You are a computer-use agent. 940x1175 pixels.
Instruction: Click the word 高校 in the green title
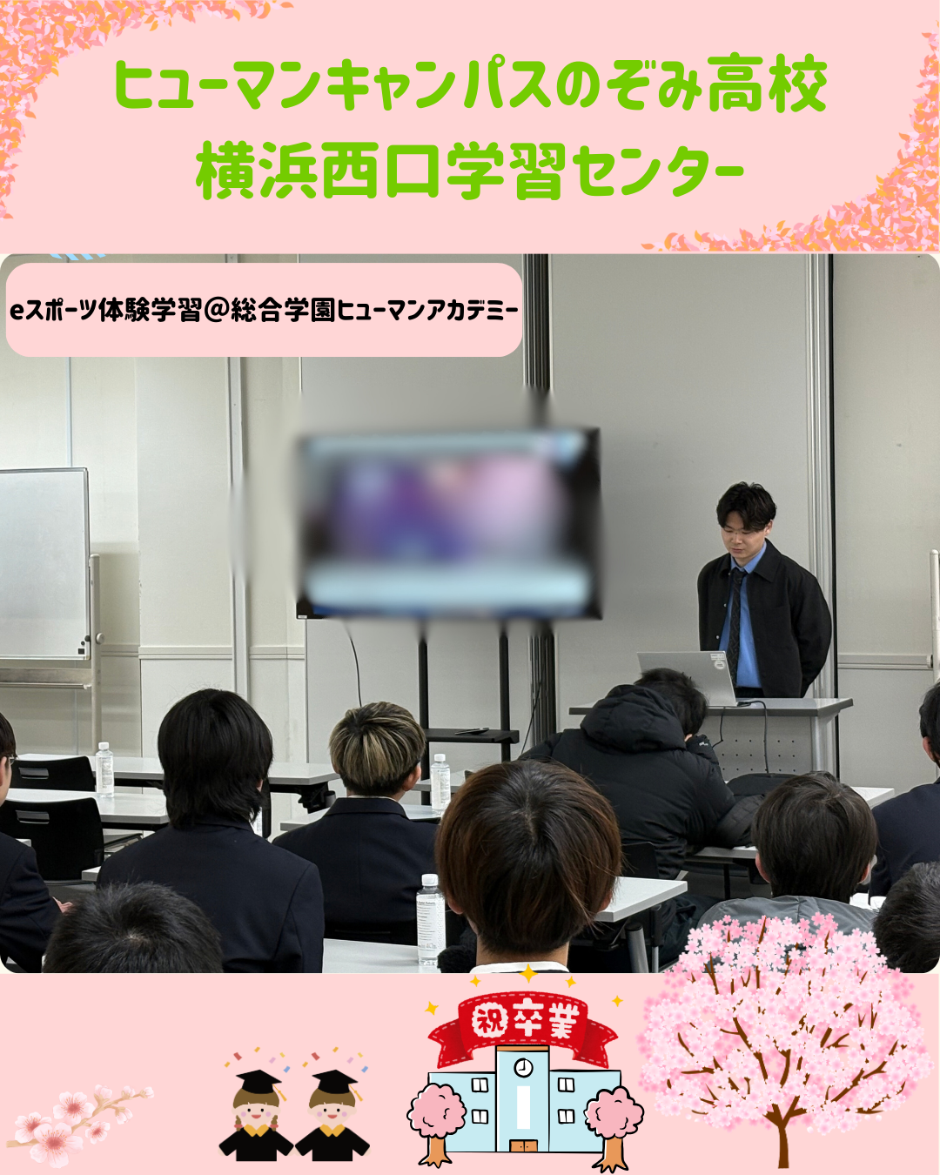(767, 86)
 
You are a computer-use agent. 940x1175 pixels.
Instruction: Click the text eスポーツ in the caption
(53, 311)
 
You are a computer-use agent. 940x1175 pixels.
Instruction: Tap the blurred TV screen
(449, 524)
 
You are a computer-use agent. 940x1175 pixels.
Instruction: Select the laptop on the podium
(687, 678)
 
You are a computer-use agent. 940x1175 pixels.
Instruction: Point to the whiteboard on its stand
(44, 563)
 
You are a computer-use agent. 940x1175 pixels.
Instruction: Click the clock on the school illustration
(523, 1066)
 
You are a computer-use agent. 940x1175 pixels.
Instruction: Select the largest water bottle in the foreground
(431, 920)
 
